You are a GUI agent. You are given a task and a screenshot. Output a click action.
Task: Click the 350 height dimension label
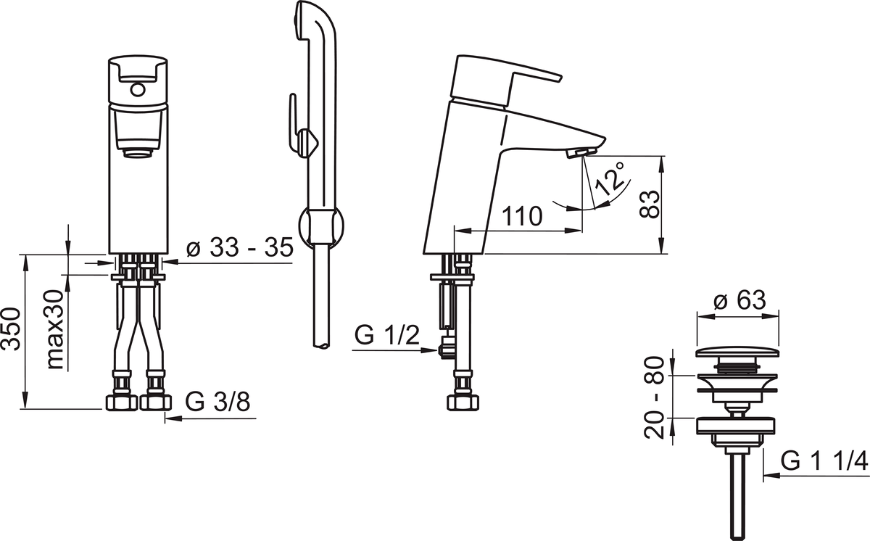11,329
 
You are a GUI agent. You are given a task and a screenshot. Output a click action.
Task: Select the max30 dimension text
55,329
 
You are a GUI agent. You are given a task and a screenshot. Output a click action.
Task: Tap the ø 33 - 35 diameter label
240,247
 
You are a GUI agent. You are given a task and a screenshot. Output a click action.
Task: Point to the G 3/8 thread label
217,401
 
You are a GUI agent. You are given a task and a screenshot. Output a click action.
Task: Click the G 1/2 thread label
387,335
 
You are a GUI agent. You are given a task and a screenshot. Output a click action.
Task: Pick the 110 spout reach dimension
522,216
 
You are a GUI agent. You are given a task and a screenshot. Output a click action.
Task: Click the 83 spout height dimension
650,204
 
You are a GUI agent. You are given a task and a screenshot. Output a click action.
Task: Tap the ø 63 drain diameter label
740,300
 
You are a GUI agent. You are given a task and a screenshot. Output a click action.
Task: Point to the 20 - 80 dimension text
654,397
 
